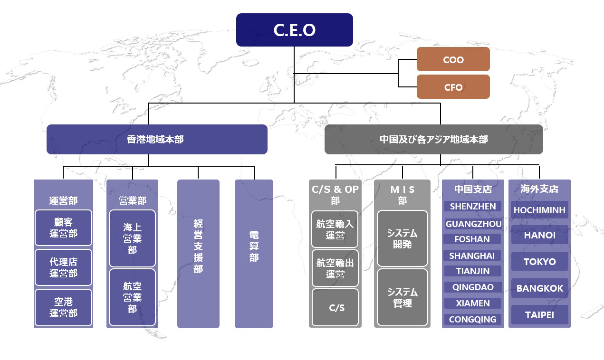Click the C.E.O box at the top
(295, 30)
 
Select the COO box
(453, 59)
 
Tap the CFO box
(453, 87)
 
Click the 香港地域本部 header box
(157, 139)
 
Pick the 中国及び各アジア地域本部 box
(433, 139)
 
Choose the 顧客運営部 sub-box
(63, 227)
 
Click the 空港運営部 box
(63, 307)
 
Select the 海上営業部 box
(132, 238)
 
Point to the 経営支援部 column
(198, 254)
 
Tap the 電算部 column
(254, 254)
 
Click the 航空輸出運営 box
(335, 268)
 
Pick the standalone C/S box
(335, 307)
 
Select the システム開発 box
(403, 238)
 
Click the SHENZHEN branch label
(473, 207)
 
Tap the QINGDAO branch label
(473, 287)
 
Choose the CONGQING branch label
(473, 319)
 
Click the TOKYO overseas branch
(539, 261)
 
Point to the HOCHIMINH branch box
(539, 210)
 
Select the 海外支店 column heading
(539, 189)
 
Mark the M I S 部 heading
(403, 195)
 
